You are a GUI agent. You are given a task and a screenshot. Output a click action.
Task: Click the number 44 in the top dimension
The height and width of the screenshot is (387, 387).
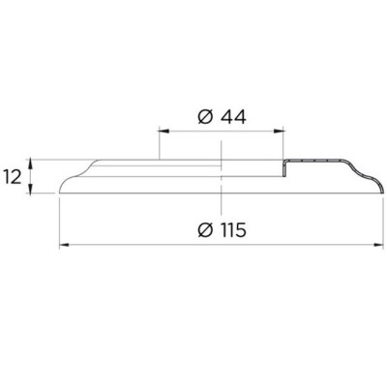point(233,117)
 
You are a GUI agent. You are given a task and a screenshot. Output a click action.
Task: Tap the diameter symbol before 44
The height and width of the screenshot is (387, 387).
point(205,117)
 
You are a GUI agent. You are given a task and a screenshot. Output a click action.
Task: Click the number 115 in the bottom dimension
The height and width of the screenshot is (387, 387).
point(233,230)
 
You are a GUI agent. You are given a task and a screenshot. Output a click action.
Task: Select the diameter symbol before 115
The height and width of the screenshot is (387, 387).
point(205,230)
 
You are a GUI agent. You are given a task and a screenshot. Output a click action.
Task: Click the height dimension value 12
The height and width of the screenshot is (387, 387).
point(13,177)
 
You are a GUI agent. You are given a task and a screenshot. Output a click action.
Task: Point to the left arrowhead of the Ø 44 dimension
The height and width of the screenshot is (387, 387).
point(164,131)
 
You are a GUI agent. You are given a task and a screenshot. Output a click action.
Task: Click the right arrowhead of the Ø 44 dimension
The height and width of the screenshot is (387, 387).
point(279,131)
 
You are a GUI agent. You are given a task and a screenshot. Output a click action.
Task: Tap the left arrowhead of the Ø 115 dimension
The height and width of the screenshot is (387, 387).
point(65,245)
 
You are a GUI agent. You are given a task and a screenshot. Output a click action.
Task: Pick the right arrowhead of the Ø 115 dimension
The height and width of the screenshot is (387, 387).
point(378,245)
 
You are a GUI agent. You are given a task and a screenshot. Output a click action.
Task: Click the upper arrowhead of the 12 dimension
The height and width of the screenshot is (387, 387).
point(30,164)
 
